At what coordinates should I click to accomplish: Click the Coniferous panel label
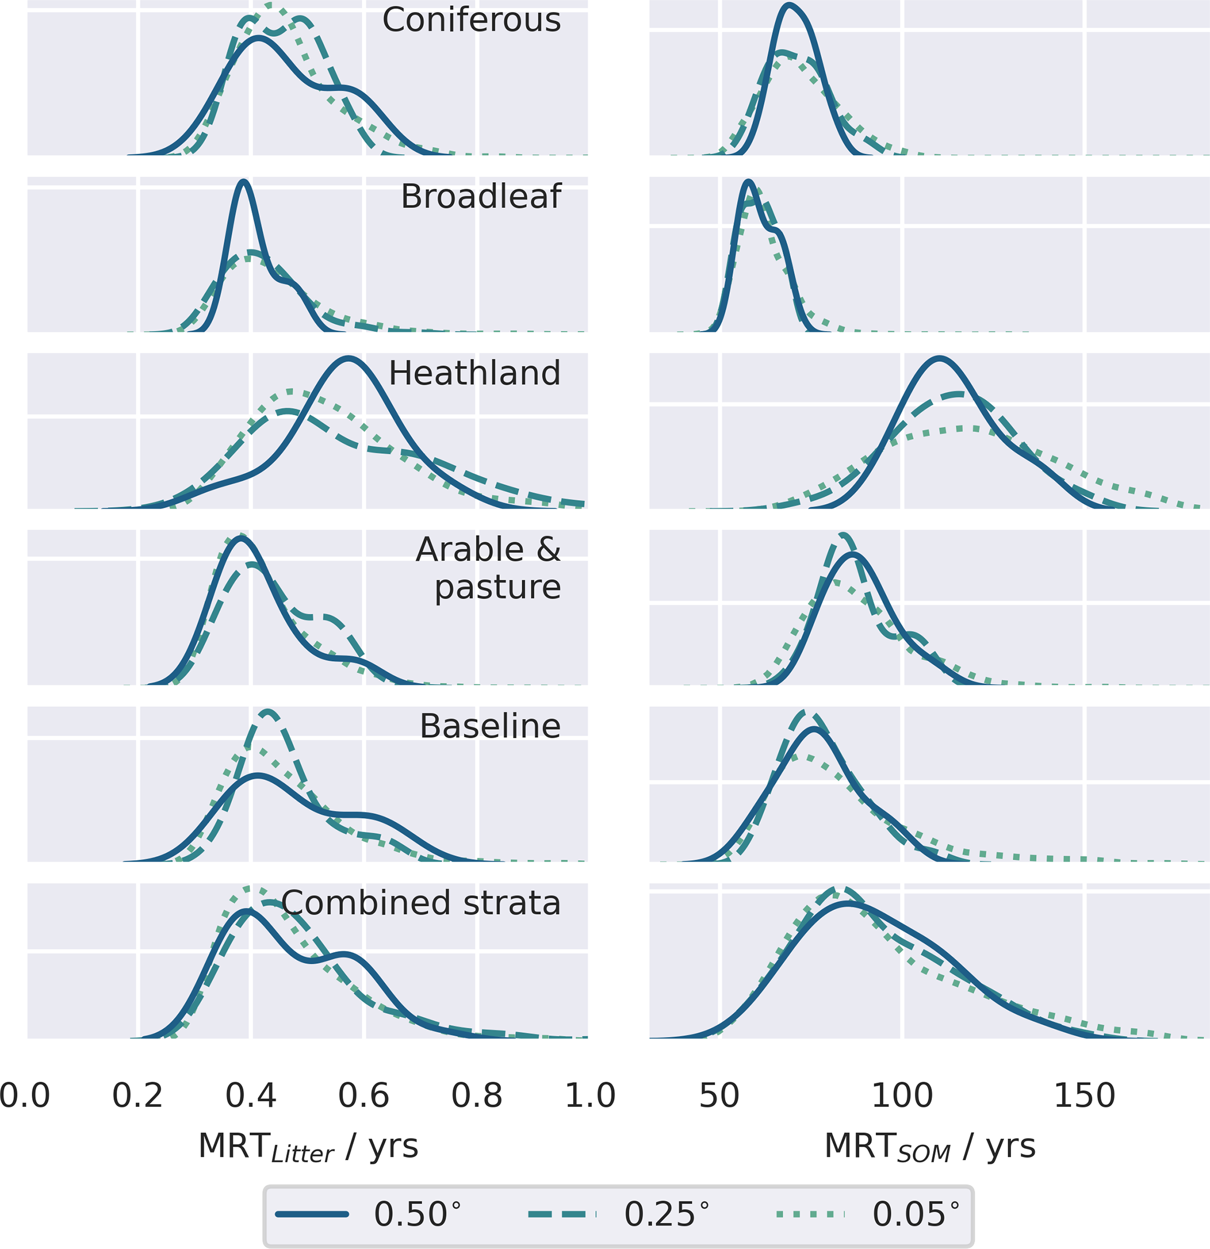471,20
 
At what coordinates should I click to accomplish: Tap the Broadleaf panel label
481,196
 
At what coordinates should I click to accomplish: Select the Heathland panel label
475,374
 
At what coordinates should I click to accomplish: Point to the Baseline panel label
490,726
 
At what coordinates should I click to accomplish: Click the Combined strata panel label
421,903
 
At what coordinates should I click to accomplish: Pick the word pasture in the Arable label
498,587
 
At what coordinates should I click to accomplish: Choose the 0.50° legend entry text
417,1214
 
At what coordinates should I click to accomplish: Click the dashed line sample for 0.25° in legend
562,1214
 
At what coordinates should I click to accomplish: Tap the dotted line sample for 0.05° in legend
811,1214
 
